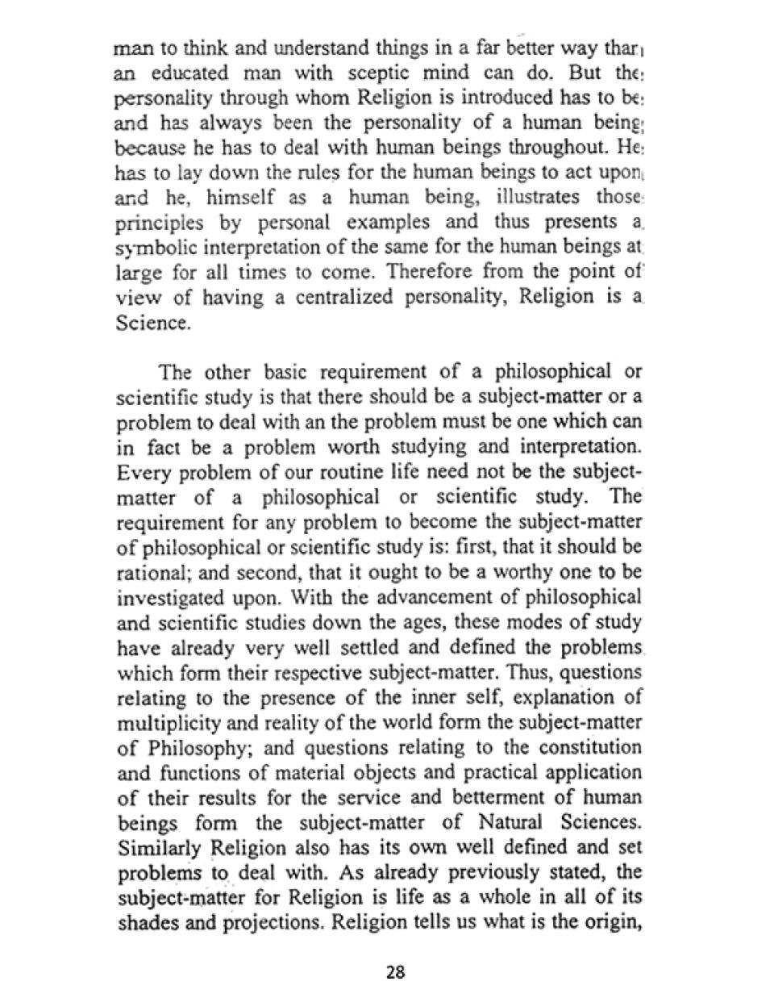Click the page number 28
tap(395, 971)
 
